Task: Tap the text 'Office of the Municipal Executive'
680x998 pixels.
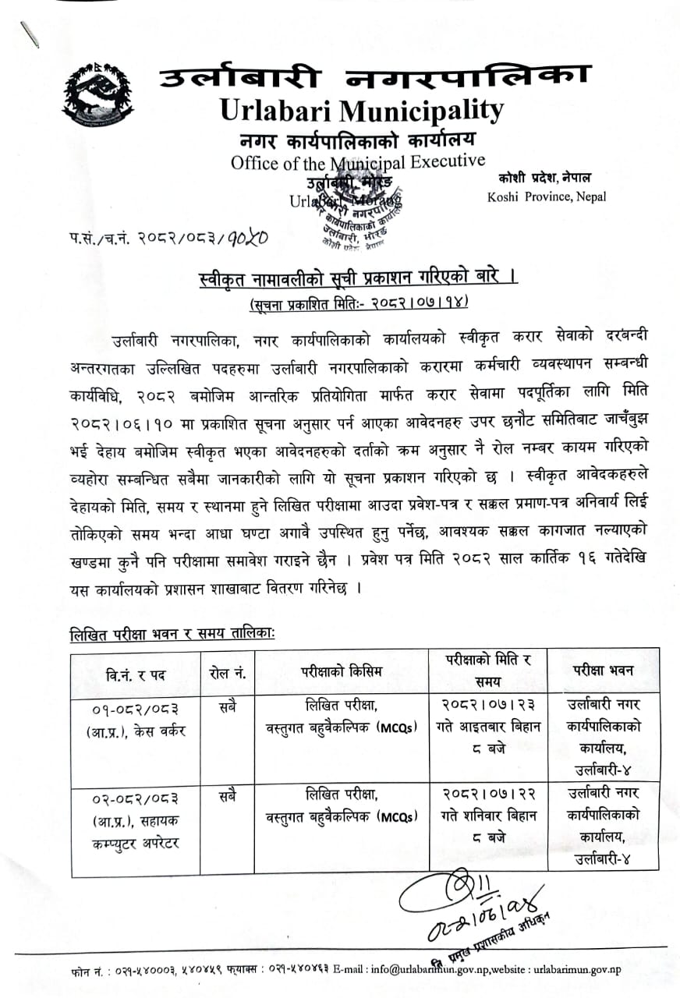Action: [x=357, y=163]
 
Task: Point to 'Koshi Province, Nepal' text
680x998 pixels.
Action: [x=546, y=196]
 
